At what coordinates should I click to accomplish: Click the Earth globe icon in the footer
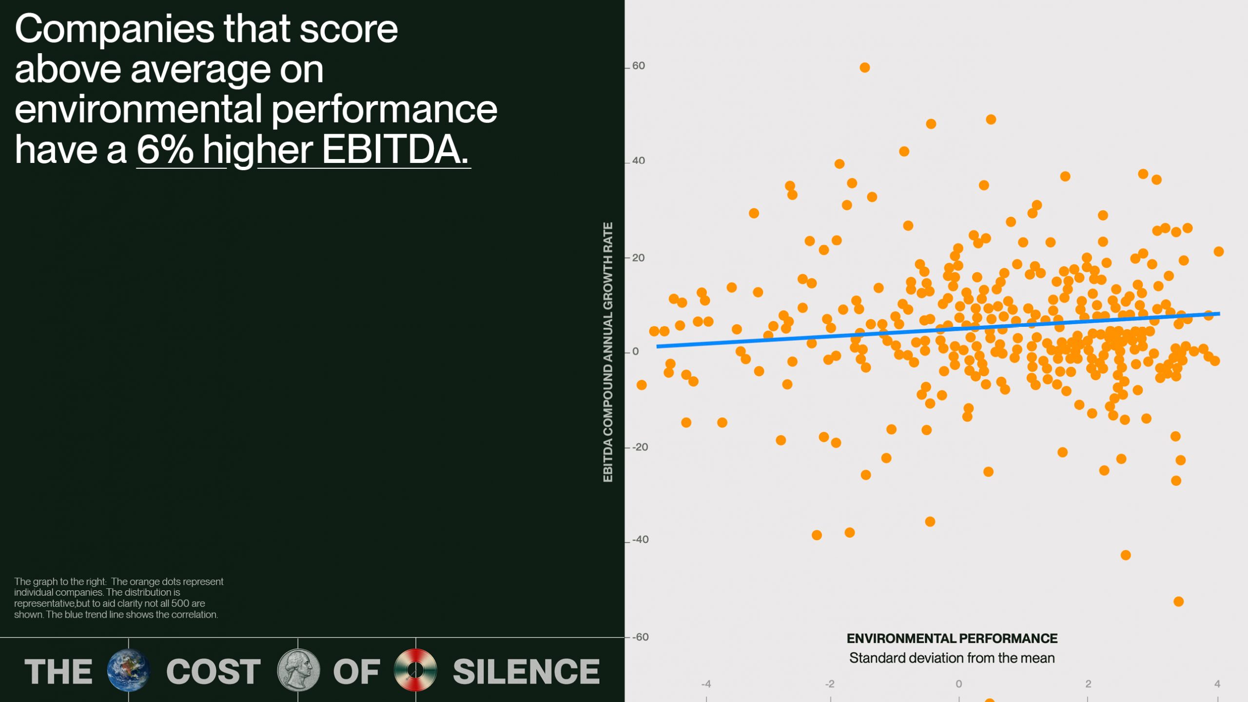128,670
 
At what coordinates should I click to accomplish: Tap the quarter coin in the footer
298,670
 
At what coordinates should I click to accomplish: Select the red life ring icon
415,670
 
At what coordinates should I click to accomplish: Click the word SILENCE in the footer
526,671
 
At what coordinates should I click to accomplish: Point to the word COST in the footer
213,671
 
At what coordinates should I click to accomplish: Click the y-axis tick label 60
638,66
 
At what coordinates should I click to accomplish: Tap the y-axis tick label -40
640,540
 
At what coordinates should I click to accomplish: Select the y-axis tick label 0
635,351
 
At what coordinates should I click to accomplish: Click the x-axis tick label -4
706,684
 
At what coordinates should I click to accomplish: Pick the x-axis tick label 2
1088,684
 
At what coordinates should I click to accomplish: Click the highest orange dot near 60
864,67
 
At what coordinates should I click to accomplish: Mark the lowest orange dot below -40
1178,602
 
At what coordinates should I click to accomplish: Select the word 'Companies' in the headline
115,29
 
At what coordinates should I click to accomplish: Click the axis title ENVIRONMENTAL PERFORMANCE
952,638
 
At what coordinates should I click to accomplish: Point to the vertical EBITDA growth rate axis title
607,352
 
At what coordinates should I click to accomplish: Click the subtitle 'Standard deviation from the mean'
952,658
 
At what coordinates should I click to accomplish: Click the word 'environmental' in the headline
138,109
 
